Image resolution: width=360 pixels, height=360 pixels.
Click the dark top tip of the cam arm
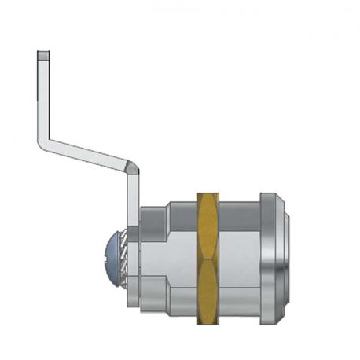(44, 54)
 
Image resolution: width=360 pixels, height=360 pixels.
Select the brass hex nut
(207, 255)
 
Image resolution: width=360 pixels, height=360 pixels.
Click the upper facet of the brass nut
(207, 224)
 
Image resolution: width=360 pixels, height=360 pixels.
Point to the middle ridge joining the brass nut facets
(207, 258)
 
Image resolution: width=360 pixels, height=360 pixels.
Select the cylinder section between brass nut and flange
(239, 255)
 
